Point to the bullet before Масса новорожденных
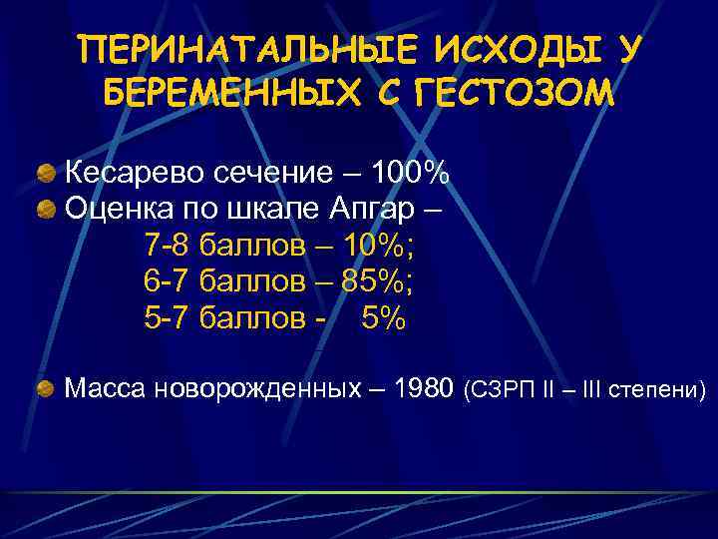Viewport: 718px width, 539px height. click(x=46, y=388)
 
